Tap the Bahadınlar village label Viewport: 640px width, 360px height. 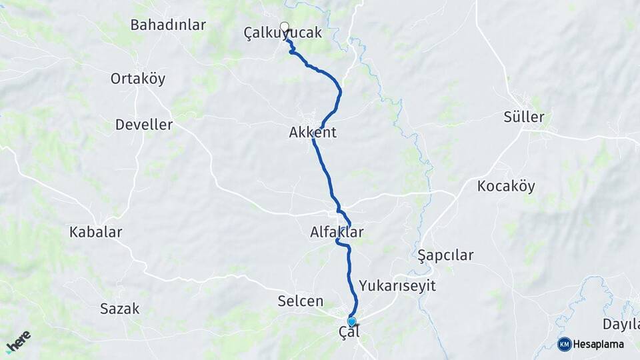coord(168,25)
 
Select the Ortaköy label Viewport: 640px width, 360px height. coord(138,79)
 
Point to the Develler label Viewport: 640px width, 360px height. coord(144,125)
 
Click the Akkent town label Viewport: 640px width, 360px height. coord(313,133)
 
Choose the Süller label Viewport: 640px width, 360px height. coord(524,118)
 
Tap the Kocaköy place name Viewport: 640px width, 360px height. coord(506,187)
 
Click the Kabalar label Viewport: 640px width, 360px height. coord(96,233)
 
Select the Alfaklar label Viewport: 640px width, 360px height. coord(337,233)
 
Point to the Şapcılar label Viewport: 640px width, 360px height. coord(445,255)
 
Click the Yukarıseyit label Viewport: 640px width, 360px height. coord(397,286)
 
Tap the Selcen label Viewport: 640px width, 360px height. coord(301,302)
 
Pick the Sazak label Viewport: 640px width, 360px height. coord(120,309)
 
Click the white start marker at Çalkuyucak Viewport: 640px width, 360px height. coord(285,27)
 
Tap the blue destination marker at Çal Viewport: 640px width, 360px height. coord(351,321)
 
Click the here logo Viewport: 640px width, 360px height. coord(18,341)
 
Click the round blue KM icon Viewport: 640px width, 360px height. coord(564,344)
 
